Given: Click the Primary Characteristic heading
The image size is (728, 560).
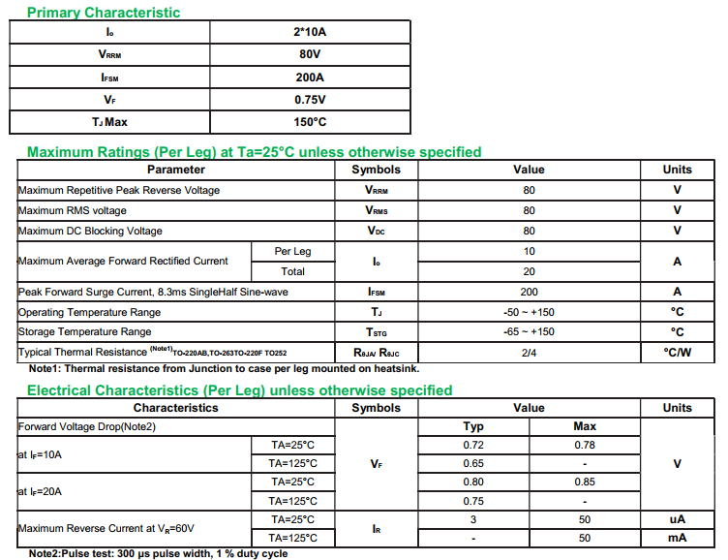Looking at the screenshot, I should click(x=103, y=13).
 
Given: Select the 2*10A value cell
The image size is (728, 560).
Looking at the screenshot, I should click(x=310, y=32).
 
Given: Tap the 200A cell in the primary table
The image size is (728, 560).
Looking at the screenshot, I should click(x=310, y=78).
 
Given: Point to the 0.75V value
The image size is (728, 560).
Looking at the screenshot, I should click(x=310, y=100).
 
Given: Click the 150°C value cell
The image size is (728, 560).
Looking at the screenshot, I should click(x=310, y=122).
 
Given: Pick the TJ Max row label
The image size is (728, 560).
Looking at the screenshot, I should click(x=109, y=122).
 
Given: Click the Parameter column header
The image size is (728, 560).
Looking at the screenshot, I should click(x=175, y=170).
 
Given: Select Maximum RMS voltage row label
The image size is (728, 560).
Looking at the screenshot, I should click(x=73, y=210).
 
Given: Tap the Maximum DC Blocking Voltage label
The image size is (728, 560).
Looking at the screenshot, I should click(x=90, y=231).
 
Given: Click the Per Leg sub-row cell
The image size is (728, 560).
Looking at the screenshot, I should click(x=292, y=251).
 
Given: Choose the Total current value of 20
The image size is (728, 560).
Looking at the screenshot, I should click(x=529, y=271).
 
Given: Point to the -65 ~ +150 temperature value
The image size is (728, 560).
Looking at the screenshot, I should click(x=529, y=331).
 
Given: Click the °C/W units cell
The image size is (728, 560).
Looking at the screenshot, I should click(x=677, y=352).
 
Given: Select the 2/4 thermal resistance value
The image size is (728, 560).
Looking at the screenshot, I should click(x=529, y=352).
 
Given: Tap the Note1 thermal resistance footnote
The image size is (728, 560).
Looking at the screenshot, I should click(x=224, y=369).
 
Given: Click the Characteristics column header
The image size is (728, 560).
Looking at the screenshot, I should click(x=175, y=408).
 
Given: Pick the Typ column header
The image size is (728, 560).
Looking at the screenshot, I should click(x=473, y=426).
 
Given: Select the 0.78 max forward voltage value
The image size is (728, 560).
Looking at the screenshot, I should click(x=585, y=445).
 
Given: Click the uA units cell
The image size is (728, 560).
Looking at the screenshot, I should click(x=677, y=519).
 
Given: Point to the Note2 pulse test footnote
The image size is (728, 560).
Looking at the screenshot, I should click(x=158, y=553).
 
